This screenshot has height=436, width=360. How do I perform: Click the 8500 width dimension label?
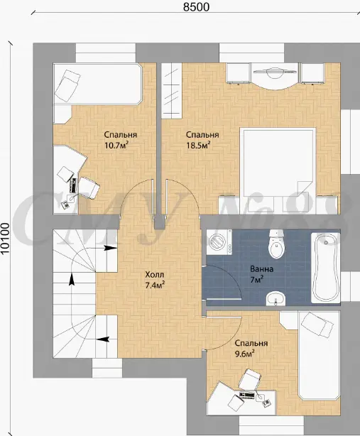pyautogui.click(x=196, y=7)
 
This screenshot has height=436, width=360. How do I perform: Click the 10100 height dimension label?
pyautogui.click(x=5, y=239)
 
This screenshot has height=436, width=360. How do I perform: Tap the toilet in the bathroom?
pyautogui.click(x=276, y=244)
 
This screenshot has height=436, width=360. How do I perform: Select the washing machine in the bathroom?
pyautogui.click(x=219, y=241)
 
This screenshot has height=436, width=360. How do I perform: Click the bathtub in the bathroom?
pyautogui.click(x=325, y=268)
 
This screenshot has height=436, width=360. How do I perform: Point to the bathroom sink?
pyautogui.click(x=276, y=299)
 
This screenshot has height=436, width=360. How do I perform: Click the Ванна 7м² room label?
pyautogui.click(x=261, y=274)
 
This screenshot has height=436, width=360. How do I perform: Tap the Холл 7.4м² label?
pyautogui.click(x=155, y=280)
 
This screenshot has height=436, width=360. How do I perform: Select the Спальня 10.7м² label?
pyautogui.click(x=121, y=140)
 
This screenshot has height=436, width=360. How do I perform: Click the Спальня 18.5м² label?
pyautogui.click(x=202, y=140)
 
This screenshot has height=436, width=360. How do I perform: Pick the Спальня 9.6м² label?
pyautogui.click(x=251, y=348)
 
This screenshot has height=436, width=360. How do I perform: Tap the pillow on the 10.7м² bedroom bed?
pyautogui.click(x=67, y=85)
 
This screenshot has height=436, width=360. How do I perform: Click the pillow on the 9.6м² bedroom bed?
pyautogui.click(x=317, y=325)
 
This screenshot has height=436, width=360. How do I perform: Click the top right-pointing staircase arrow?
pyautogui.click(x=110, y=248)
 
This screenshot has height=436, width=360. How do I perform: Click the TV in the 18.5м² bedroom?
pyautogui.click(x=274, y=72)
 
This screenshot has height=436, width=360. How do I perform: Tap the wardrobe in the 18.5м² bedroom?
pyautogui.click(x=172, y=89)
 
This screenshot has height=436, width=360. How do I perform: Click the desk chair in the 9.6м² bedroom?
pyautogui.click(x=250, y=380)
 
